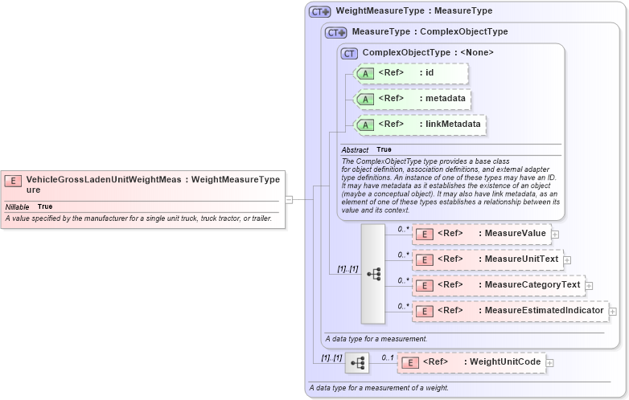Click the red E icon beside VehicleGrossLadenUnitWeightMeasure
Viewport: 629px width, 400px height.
click(13, 181)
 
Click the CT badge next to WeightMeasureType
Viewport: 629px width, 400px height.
click(320, 11)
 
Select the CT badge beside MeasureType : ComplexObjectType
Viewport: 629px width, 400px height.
click(336, 32)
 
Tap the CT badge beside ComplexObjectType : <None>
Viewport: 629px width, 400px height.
click(349, 53)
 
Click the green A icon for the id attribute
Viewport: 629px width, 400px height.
click(365, 73)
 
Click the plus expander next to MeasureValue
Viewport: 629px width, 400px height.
click(555, 234)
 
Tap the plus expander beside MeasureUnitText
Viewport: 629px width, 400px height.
click(567, 259)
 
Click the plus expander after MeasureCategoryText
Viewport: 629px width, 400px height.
click(589, 285)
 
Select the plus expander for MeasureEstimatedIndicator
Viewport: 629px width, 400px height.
click(612, 311)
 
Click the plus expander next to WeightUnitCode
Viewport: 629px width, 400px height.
click(550, 363)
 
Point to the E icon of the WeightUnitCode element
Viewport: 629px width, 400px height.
click(409, 363)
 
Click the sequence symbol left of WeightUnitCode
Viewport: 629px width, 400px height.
click(356, 364)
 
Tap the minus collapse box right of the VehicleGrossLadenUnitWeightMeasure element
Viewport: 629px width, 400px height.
click(289, 199)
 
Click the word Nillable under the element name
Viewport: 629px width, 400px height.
click(17, 206)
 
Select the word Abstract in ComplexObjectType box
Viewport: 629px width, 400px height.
click(355, 149)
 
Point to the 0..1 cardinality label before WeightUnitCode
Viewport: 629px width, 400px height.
click(387, 357)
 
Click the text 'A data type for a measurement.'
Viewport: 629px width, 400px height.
click(376, 339)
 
